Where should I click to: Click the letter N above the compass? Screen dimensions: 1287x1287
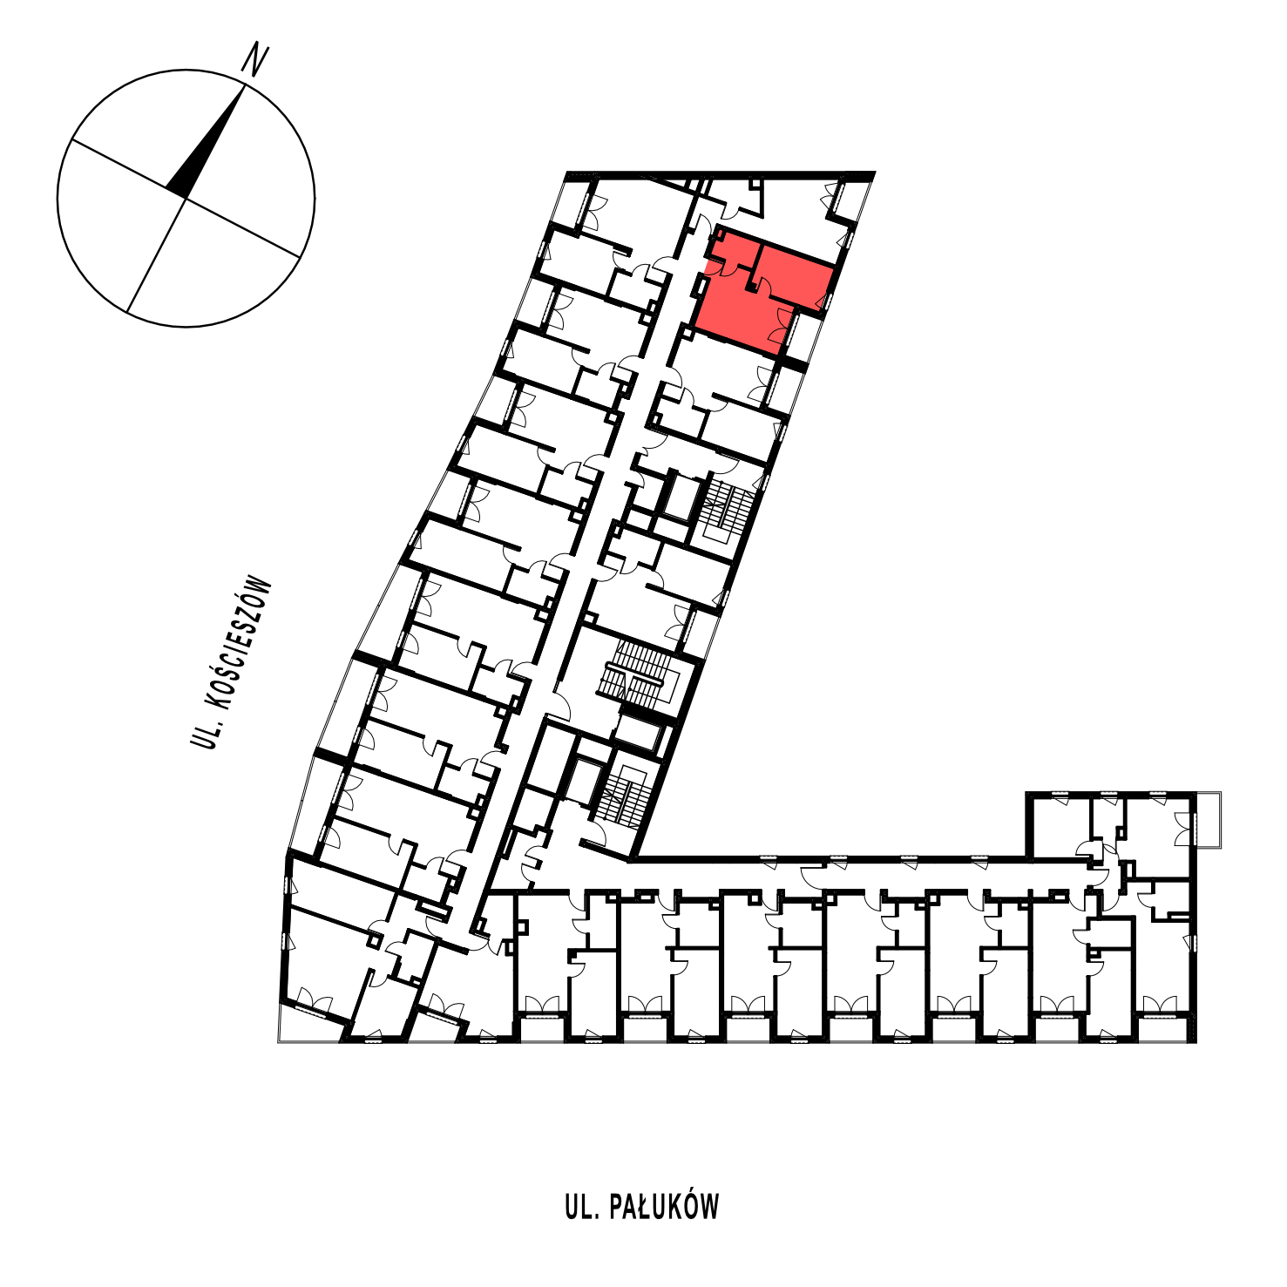point(254,61)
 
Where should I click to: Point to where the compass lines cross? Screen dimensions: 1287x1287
point(186,199)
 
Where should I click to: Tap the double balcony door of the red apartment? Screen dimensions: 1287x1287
point(781,327)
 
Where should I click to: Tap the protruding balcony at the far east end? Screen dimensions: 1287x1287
point(1209,819)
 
